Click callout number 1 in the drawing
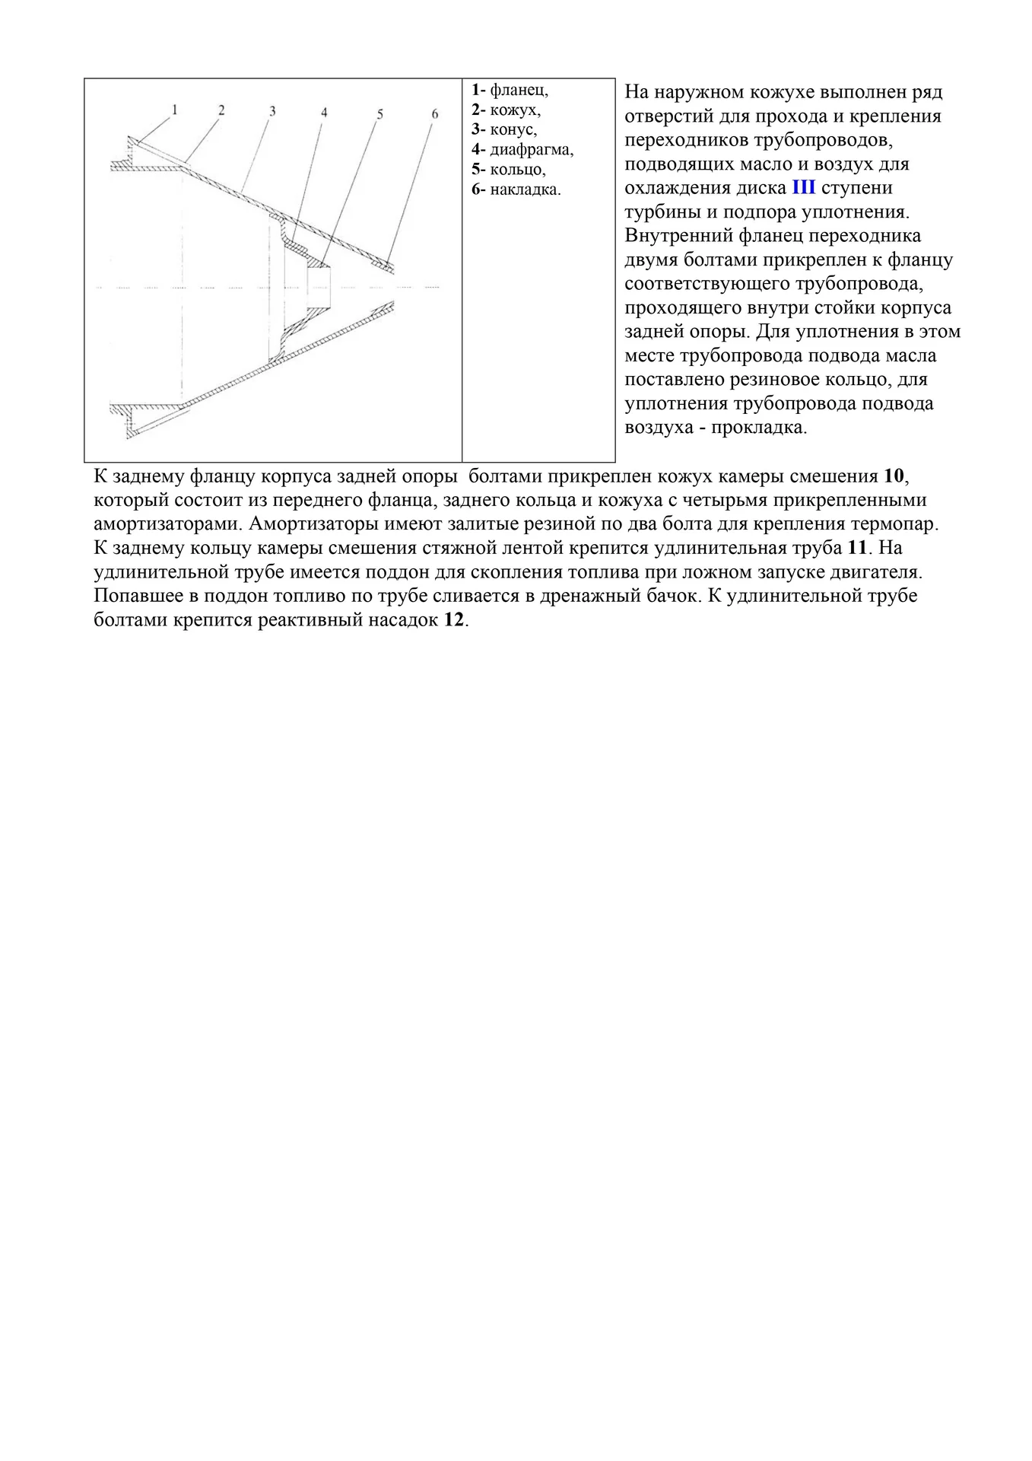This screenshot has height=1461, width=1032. [x=174, y=110]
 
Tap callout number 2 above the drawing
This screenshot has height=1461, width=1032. [x=221, y=110]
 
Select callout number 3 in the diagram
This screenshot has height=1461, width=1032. [x=272, y=111]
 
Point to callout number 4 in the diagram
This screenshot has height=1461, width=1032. [x=324, y=113]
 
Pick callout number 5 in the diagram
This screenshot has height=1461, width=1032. [x=379, y=114]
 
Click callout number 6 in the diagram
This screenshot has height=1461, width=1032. [x=435, y=114]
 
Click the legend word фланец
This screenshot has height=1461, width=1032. [x=519, y=91]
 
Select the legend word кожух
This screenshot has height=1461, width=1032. [x=515, y=110]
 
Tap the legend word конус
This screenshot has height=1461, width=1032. [x=513, y=130]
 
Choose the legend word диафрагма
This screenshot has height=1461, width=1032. [x=532, y=150]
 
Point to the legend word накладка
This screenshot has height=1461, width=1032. [x=525, y=189]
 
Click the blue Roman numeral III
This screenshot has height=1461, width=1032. [x=803, y=188]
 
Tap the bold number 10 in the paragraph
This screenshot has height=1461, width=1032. [x=894, y=477]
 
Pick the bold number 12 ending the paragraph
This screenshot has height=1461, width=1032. [x=453, y=620]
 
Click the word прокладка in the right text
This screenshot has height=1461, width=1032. [x=758, y=428]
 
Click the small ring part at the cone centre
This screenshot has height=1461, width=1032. [x=319, y=287]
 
